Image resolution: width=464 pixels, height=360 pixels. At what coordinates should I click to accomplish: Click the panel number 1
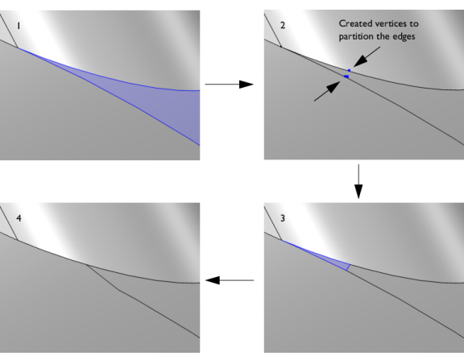click(x=19, y=26)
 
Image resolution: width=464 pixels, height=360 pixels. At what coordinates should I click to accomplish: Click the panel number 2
click(x=283, y=26)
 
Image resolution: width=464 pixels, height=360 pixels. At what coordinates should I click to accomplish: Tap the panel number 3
click(x=283, y=218)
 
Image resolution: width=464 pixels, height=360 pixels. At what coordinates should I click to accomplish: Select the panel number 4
click(x=19, y=218)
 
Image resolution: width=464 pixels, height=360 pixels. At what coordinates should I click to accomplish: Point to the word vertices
click(x=389, y=23)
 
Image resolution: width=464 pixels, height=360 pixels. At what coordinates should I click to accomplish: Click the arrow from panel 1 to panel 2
click(x=230, y=85)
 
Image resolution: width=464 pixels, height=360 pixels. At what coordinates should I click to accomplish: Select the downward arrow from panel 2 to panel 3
click(x=358, y=181)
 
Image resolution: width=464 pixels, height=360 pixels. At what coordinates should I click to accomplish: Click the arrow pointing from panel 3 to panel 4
click(x=230, y=280)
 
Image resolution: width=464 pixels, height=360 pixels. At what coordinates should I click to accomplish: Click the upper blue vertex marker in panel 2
click(x=349, y=70)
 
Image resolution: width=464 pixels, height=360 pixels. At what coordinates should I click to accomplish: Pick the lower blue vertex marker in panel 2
click(x=346, y=77)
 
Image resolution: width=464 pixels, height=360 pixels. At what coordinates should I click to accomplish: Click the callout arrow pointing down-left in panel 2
click(x=367, y=57)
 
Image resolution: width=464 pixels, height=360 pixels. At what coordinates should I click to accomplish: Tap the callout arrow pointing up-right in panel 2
click(x=327, y=91)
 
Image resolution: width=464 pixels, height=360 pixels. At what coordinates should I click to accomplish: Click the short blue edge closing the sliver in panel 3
click(x=349, y=267)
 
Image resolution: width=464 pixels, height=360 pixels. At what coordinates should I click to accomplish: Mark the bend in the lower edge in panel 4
click(x=118, y=290)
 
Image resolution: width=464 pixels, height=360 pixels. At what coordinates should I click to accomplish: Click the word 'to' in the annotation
click(x=414, y=23)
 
